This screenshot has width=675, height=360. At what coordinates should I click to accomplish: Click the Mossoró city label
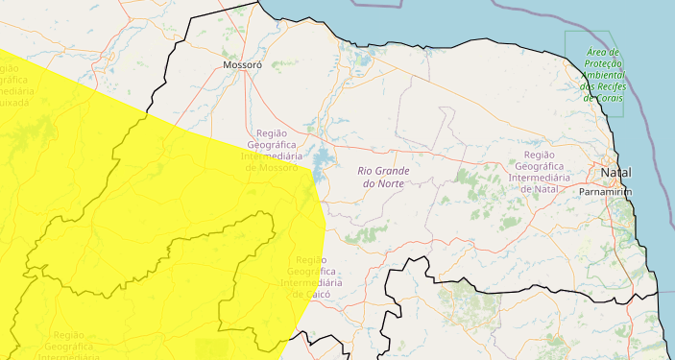coord(242,66)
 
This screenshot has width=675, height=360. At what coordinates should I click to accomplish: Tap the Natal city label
coord(615,172)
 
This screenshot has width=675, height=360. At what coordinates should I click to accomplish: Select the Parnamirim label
coord(606,192)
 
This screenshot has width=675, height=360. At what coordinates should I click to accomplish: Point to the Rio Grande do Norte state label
coord(383,176)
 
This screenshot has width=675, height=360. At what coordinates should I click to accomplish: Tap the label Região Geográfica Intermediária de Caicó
coord(314,277)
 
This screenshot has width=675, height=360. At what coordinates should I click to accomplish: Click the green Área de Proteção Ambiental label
coord(604,75)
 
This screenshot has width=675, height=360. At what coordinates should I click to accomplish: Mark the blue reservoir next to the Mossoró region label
coord(321,159)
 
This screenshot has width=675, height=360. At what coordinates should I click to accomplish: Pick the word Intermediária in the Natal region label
coord(539,178)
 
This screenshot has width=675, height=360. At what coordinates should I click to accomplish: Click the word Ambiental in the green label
coord(605,75)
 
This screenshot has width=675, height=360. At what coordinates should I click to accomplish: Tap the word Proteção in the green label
coord(604,63)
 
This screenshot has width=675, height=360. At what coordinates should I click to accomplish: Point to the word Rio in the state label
coord(366,170)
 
